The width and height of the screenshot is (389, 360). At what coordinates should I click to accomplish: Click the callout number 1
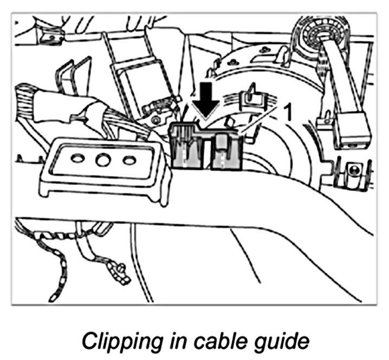coord(288,113)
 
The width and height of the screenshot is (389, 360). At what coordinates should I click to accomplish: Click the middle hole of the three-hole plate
coord(102,161)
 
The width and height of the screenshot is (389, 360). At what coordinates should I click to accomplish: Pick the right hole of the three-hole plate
coord(128,160)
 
